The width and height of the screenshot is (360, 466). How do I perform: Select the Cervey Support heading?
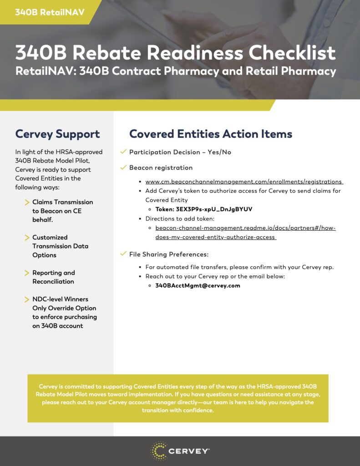coord(57,134)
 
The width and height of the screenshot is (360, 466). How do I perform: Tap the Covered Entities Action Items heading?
coord(211,134)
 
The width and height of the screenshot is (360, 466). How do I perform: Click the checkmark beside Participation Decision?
coord(123,152)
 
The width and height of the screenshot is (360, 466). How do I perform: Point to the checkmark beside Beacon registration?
coord(123,167)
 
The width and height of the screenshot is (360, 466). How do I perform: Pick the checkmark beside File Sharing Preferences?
coord(123,253)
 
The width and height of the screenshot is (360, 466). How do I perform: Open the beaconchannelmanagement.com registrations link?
coord(244,182)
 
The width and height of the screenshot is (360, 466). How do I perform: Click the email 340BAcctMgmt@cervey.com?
coord(198,286)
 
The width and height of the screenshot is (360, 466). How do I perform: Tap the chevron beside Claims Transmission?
coord(27,202)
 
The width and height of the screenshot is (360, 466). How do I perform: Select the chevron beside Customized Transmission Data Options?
coord(27,238)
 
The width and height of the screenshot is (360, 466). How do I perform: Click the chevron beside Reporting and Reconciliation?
coord(27,273)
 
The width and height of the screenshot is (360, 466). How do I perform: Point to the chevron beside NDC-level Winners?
coord(27,299)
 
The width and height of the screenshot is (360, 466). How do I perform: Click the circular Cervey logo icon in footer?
coord(159,451)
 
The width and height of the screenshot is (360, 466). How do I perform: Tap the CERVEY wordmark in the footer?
coord(189,451)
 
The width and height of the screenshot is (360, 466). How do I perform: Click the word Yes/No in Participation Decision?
coord(219,152)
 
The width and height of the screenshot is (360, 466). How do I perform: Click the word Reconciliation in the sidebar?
coord(53,282)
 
